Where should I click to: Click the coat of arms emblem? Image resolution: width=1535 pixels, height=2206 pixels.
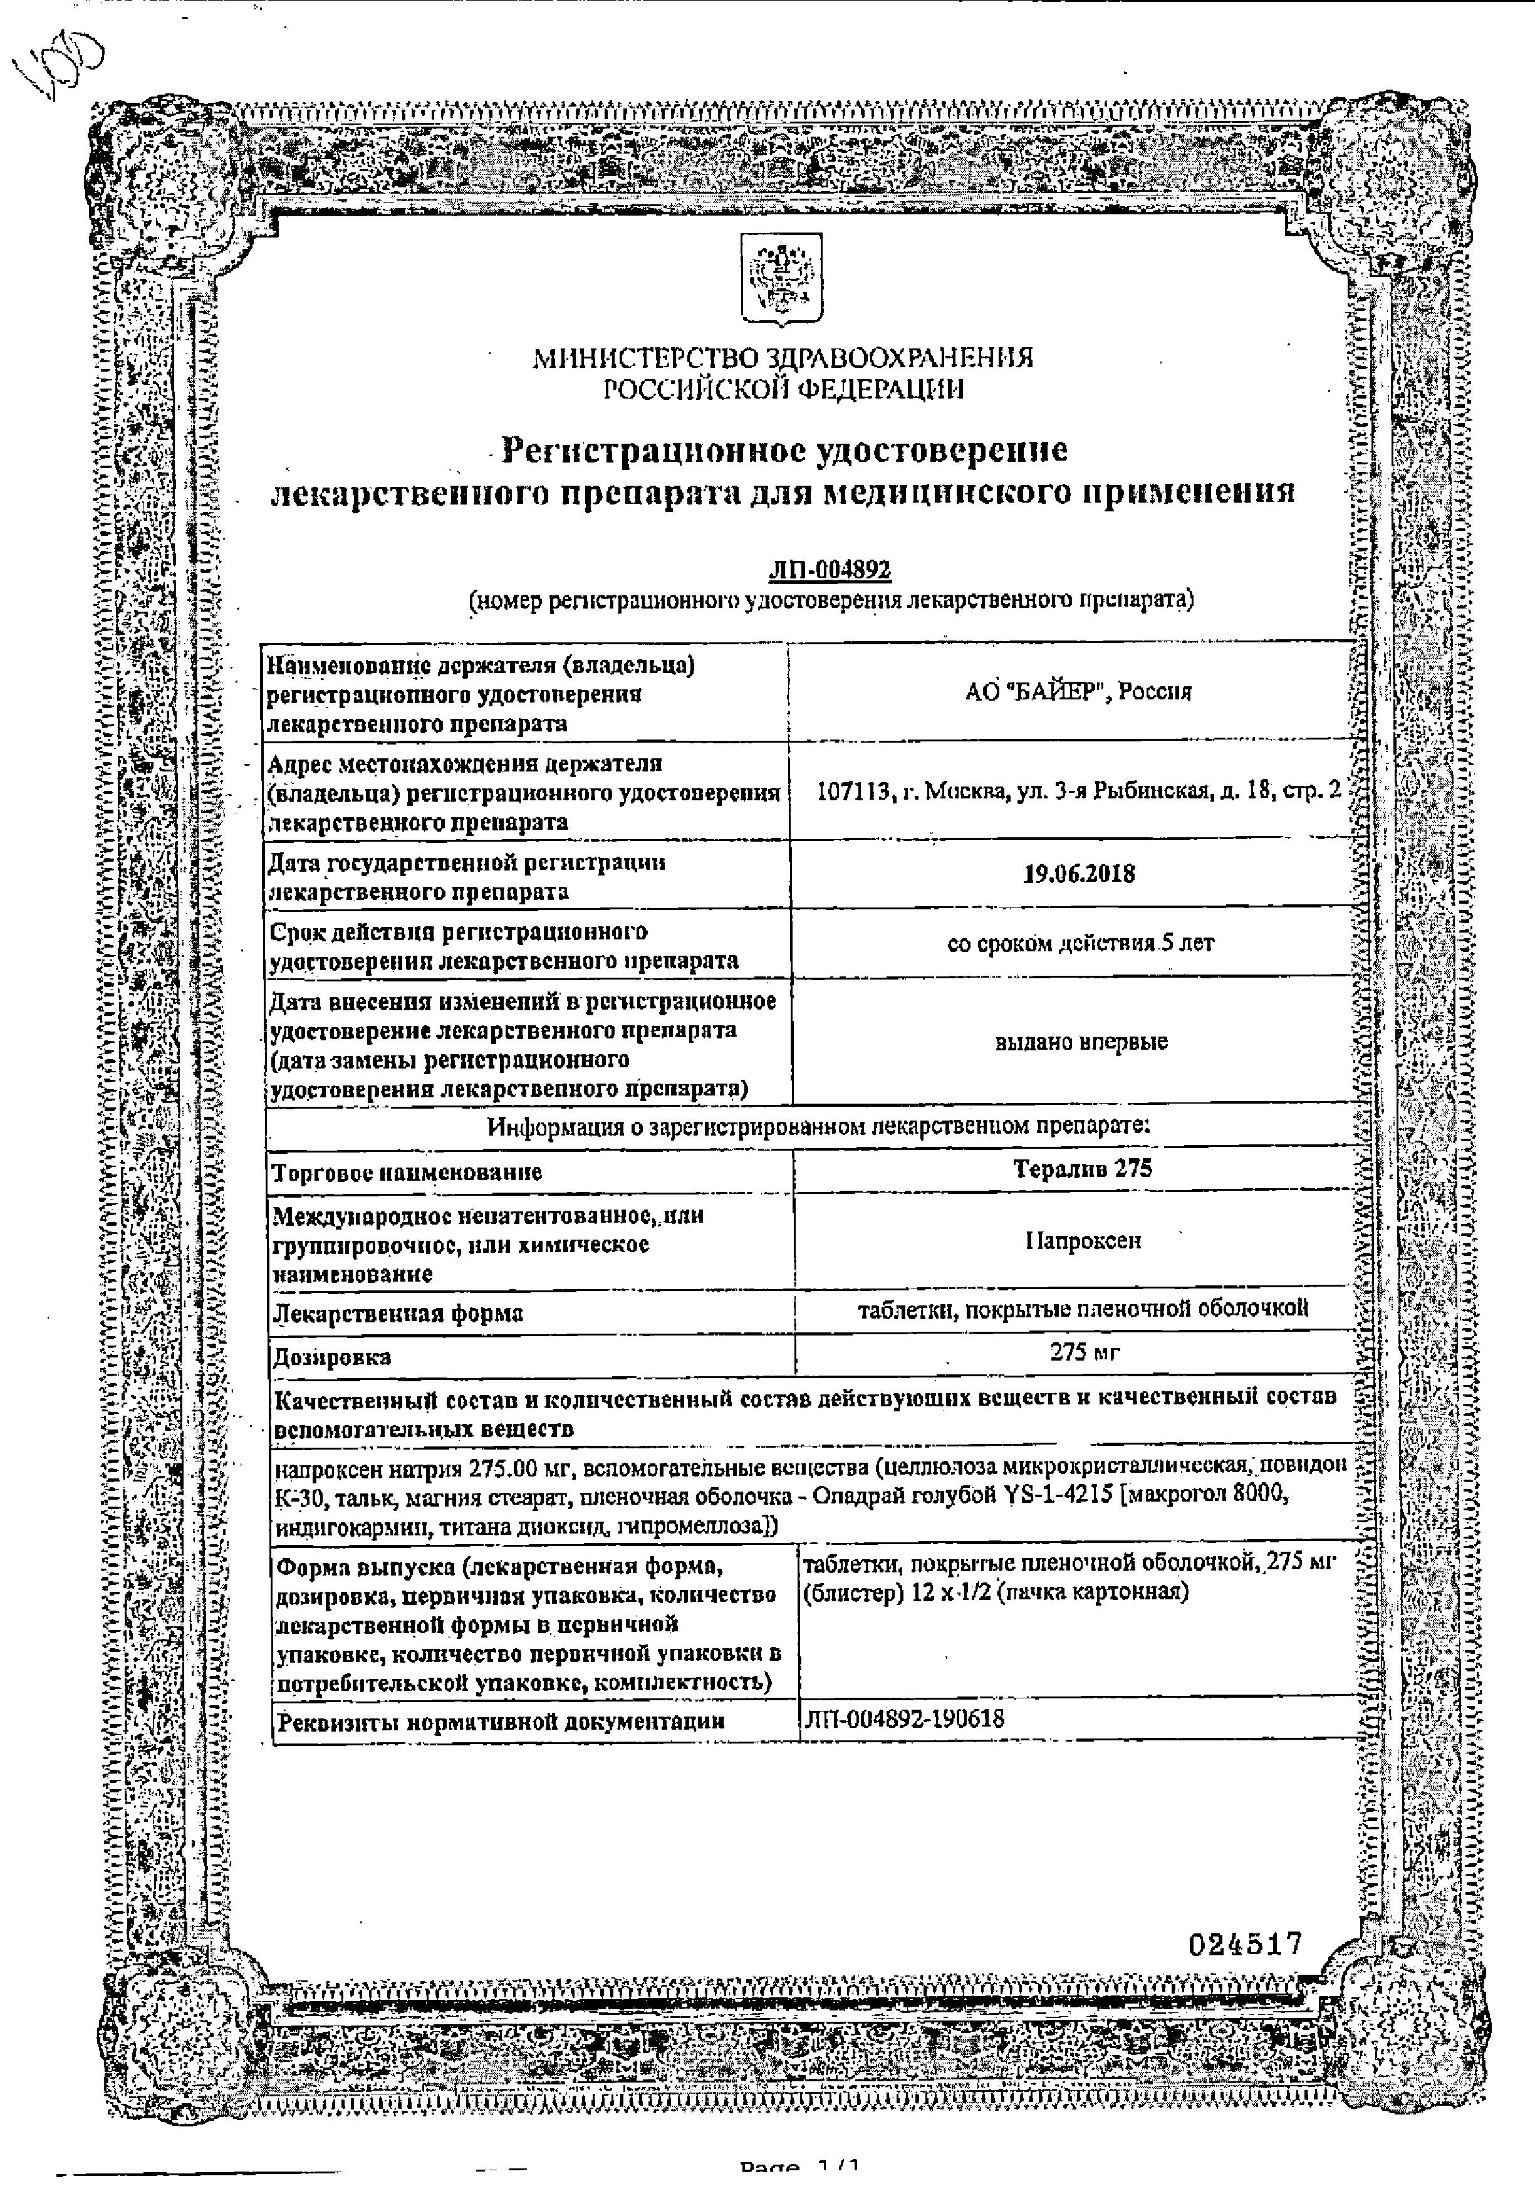coord(781,279)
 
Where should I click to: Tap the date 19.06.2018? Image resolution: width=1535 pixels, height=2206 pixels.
coord(1079,874)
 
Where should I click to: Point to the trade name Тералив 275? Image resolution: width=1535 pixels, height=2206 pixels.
coord(1081,1168)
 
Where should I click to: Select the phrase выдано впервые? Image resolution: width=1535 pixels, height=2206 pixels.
coord(1081,1042)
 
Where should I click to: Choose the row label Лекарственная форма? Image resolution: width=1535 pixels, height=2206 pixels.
coord(398,1314)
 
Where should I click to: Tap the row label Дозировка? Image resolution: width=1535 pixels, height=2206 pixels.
coord(331,1357)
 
